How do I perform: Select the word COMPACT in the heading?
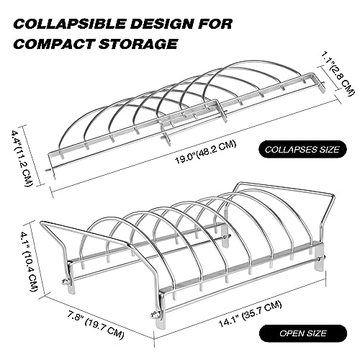pyautogui.click(x=54, y=44)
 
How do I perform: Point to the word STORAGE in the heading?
pyautogui.click(x=138, y=44)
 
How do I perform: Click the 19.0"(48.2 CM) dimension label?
pyautogui.click(x=205, y=152)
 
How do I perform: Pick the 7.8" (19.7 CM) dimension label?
pyautogui.click(x=94, y=318)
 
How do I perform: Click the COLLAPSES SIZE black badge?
pyautogui.click(x=302, y=150)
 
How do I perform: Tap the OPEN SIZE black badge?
pyautogui.click(x=303, y=333)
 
